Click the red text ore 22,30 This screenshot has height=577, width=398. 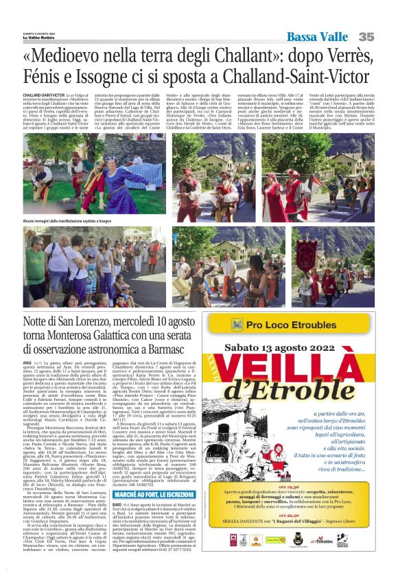(x=299, y=535)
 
